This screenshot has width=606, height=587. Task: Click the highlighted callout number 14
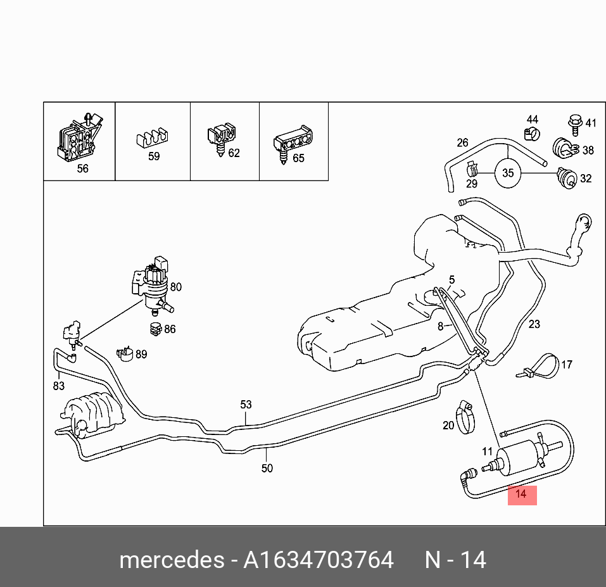coord(521,494)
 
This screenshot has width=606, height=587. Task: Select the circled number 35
coord(508,173)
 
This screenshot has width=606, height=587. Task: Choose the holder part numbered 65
coord(291,143)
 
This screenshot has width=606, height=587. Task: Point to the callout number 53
coord(246,405)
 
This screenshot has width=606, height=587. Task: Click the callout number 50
coord(267,468)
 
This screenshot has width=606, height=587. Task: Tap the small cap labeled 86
coord(153,329)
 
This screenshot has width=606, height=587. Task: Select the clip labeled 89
coord(123,354)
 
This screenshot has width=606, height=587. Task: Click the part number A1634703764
coord(319,560)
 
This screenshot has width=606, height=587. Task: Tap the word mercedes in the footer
coord(171,560)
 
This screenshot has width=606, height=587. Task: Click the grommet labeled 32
coord(565,178)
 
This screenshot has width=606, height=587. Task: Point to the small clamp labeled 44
coord(531,134)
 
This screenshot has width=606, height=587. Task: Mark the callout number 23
coord(534,324)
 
